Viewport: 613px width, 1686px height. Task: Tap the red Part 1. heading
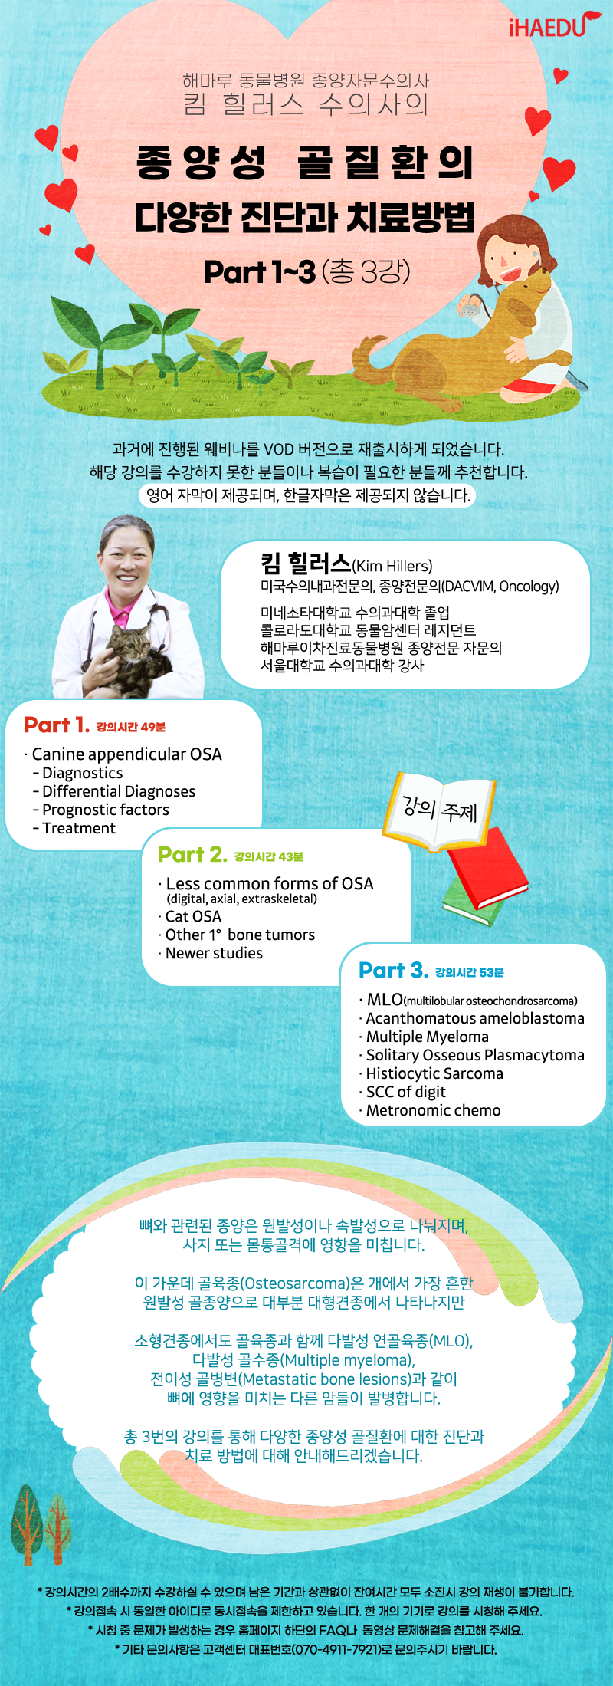point(57,725)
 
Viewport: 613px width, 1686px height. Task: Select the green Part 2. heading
point(192,854)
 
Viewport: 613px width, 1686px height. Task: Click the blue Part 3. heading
point(393,970)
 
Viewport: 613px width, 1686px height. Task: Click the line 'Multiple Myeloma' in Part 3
point(428,1037)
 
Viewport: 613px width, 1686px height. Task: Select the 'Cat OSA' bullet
point(193,916)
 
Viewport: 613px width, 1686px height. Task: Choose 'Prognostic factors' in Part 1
point(106,810)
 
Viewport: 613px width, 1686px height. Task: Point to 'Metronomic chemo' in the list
point(433,1110)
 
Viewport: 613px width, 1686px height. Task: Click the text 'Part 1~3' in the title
point(260,271)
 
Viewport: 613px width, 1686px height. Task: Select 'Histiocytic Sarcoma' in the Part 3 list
point(434,1073)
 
